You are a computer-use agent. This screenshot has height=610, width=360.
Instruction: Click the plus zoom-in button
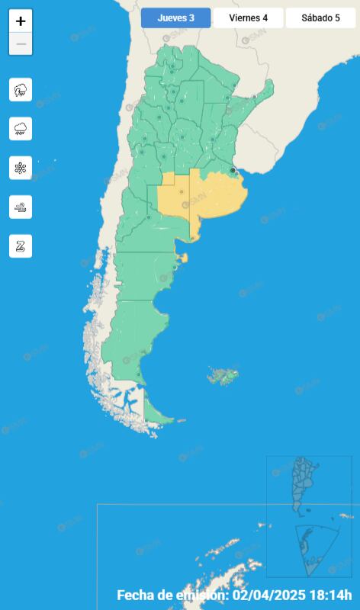click(x=21, y=21)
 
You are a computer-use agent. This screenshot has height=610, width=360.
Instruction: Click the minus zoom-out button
click(x=21, y=44)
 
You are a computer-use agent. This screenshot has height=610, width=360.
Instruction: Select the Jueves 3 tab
click(x=175, y=18)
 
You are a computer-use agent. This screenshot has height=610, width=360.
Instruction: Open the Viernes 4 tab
click(x=248, y=18)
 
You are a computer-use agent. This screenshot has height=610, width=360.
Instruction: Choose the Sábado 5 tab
click(x=320, y=18)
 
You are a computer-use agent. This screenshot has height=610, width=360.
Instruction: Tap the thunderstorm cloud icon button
click(x=21, y=90)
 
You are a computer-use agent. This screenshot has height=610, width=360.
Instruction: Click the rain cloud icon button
click(x=21, y=129)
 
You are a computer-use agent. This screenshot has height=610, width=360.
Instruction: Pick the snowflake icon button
click(x=21, y=168)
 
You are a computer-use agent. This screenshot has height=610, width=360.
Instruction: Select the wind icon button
click(x=21, y=207)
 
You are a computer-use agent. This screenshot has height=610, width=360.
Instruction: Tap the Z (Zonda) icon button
click(x=21, y=246)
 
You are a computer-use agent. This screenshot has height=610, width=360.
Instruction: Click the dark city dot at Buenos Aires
click(x=233, y=171)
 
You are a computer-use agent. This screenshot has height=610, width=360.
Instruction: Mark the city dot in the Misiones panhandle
click(x=254, y=97)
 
